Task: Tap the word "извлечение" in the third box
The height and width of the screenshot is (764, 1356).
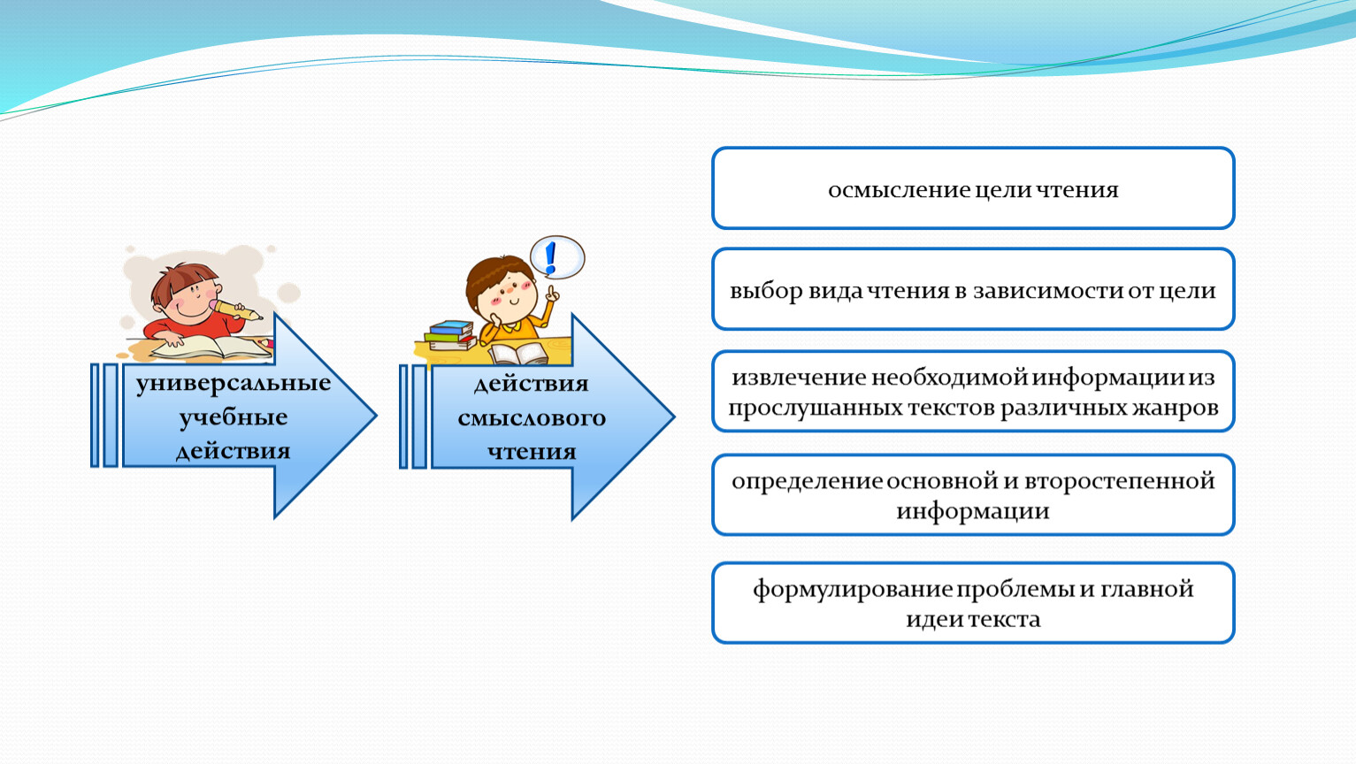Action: click(x=799, y=378)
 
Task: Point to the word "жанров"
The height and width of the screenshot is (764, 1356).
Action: click(x=1178, y=409)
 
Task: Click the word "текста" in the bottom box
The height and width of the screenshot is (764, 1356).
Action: click(x=1004, y=620)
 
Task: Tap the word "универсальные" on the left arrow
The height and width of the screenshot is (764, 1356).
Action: click(x=233, y=384)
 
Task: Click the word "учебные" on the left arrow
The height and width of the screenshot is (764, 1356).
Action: click(x=233, y=417)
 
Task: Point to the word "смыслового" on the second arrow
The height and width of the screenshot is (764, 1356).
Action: click(x=532, y=418)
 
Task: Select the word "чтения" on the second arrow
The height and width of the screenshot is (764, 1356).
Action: click(x=532, y=452)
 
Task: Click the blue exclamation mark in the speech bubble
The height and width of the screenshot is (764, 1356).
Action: click(x=550, y=258)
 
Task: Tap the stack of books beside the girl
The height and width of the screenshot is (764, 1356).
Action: click(x=449, y=335)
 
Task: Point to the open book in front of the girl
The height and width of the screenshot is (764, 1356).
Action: click(x=518, y=354)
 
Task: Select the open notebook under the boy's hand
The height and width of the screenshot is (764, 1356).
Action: click(x=212, y=348)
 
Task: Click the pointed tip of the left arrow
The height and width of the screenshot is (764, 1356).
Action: click(x=377, y=416)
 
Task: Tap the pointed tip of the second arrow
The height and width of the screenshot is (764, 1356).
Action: click(x=674, y=416)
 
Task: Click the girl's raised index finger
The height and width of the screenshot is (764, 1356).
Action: click(x=551, y=291)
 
